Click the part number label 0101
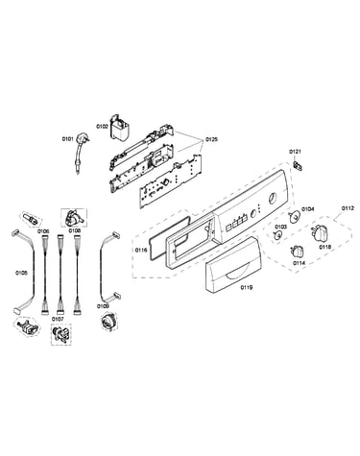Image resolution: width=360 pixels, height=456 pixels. click(x=67, y=139)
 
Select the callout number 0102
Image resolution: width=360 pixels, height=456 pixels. click(x=102, y=126)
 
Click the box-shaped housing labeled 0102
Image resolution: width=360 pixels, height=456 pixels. click(x=118, y=128)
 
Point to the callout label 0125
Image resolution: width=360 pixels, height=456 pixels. click(x=211, y=139)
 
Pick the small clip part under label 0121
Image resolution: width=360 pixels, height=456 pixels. click(x=298, y=166)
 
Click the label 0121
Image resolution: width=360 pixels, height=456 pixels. click(x=296, y=152)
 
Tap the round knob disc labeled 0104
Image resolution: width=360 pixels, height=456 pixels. click(x=294, y=217)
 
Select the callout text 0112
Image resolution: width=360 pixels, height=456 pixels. click(x=348, y=208)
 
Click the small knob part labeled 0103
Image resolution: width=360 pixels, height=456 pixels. click(x=277, y=236)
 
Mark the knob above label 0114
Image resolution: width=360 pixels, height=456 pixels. click(x=297, y=252)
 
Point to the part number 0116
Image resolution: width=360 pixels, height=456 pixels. click(x=141, y=250)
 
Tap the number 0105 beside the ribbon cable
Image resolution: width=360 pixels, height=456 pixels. click(x=21, y=273)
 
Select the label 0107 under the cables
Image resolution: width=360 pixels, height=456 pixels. click(x=58, y=319)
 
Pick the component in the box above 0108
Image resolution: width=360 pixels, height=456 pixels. click(x=73, y=217)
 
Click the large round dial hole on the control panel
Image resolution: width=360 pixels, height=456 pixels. click(x=273, y=198)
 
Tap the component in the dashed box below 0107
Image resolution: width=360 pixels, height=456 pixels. click(x=61, y=335)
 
